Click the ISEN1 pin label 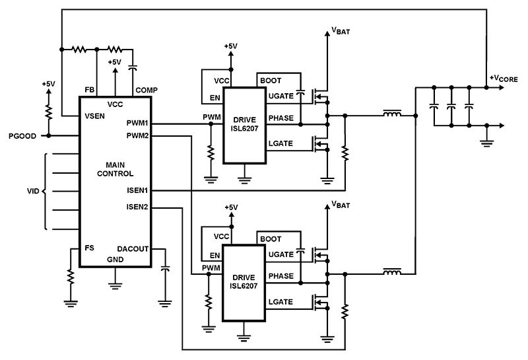137,191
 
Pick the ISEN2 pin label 137,207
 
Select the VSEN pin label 95,116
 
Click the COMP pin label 146,90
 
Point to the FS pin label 89,248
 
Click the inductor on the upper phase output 393,115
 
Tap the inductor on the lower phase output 393,272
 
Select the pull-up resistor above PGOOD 48,109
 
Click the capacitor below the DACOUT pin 165,270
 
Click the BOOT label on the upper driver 271,80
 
